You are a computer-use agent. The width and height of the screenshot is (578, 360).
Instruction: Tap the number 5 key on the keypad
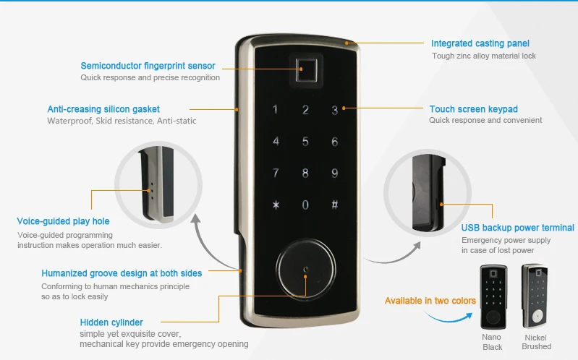(305, 142)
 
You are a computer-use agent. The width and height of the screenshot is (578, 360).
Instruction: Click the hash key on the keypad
(334, 205)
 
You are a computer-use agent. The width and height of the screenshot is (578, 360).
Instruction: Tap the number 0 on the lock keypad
(305, 205)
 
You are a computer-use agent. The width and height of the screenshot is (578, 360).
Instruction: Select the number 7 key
(276, 173)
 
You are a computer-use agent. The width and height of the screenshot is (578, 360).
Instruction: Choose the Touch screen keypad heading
(473, 109)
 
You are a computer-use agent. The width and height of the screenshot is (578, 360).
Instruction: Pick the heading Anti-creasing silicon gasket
(103, 109)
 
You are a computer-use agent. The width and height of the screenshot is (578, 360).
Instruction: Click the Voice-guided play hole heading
(63, 221)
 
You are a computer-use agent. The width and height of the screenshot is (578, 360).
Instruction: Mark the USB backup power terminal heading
(517, 228)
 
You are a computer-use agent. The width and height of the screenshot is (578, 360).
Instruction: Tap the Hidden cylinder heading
(111, 322)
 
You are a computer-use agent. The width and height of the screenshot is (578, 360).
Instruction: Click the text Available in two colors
(430, 300)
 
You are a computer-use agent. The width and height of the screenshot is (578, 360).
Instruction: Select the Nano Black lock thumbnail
(491, 297)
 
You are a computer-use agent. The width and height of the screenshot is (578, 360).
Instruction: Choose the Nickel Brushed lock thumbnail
(536, 297)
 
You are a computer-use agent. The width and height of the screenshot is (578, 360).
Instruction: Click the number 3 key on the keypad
(334, 111)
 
